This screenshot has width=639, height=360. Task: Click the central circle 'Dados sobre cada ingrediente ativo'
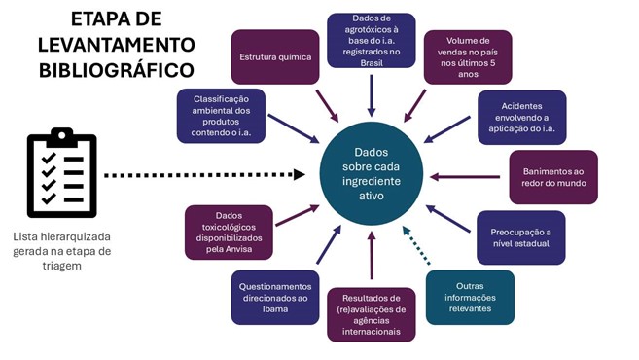point(370,174)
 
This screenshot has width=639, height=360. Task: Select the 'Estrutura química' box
point(274,56)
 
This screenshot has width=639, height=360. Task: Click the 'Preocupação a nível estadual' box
point(519,237)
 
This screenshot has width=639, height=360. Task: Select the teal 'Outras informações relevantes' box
point(470,296)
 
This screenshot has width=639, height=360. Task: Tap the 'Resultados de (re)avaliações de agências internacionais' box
point(371,315)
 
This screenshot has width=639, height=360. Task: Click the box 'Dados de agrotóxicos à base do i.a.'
point(371,40)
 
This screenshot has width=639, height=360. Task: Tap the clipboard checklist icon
point(61,175)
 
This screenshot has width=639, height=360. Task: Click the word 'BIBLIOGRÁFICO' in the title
point(116,70)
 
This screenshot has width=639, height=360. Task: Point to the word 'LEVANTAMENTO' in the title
point(117,45)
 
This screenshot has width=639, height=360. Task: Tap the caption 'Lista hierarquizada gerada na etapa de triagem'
point(62,251)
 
